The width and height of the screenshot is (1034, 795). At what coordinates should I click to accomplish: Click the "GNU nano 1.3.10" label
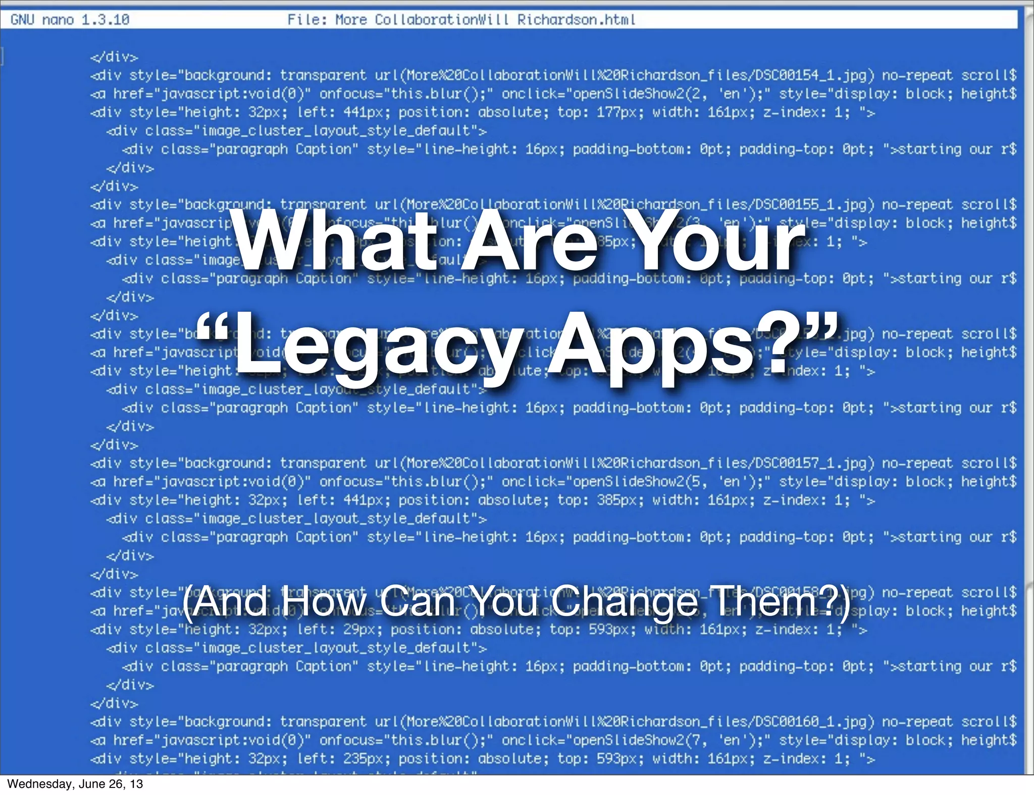[70, 20]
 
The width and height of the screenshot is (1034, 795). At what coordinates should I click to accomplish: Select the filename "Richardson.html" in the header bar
[576, 20]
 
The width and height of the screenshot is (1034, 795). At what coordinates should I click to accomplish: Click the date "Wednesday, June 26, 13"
[75, 784]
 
